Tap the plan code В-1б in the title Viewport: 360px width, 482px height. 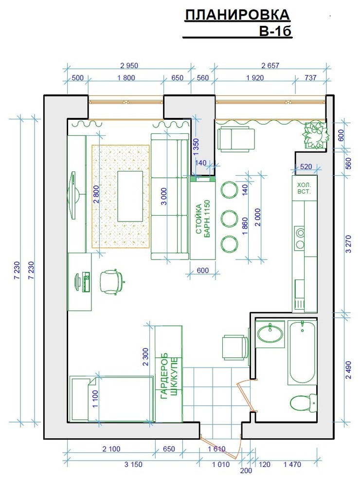[275, 31]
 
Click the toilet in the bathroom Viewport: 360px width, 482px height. [304, 403]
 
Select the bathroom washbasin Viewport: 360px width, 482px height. [270, 334]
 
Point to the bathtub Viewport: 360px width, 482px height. [302, 352]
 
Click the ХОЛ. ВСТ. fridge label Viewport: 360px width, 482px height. [304, 188]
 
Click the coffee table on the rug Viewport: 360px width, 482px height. [130, 196]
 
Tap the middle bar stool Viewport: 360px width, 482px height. [229, 218]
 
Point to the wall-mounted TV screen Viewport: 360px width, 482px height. [73, 196]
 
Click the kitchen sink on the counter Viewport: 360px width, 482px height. [300, 238]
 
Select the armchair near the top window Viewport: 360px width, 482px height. [236, 140]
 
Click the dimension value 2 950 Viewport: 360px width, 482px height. [129, 65]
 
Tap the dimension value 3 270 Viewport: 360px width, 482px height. [348, 244]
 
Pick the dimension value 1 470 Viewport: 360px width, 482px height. [292, 464]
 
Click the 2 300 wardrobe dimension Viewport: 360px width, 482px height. [145, 356]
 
